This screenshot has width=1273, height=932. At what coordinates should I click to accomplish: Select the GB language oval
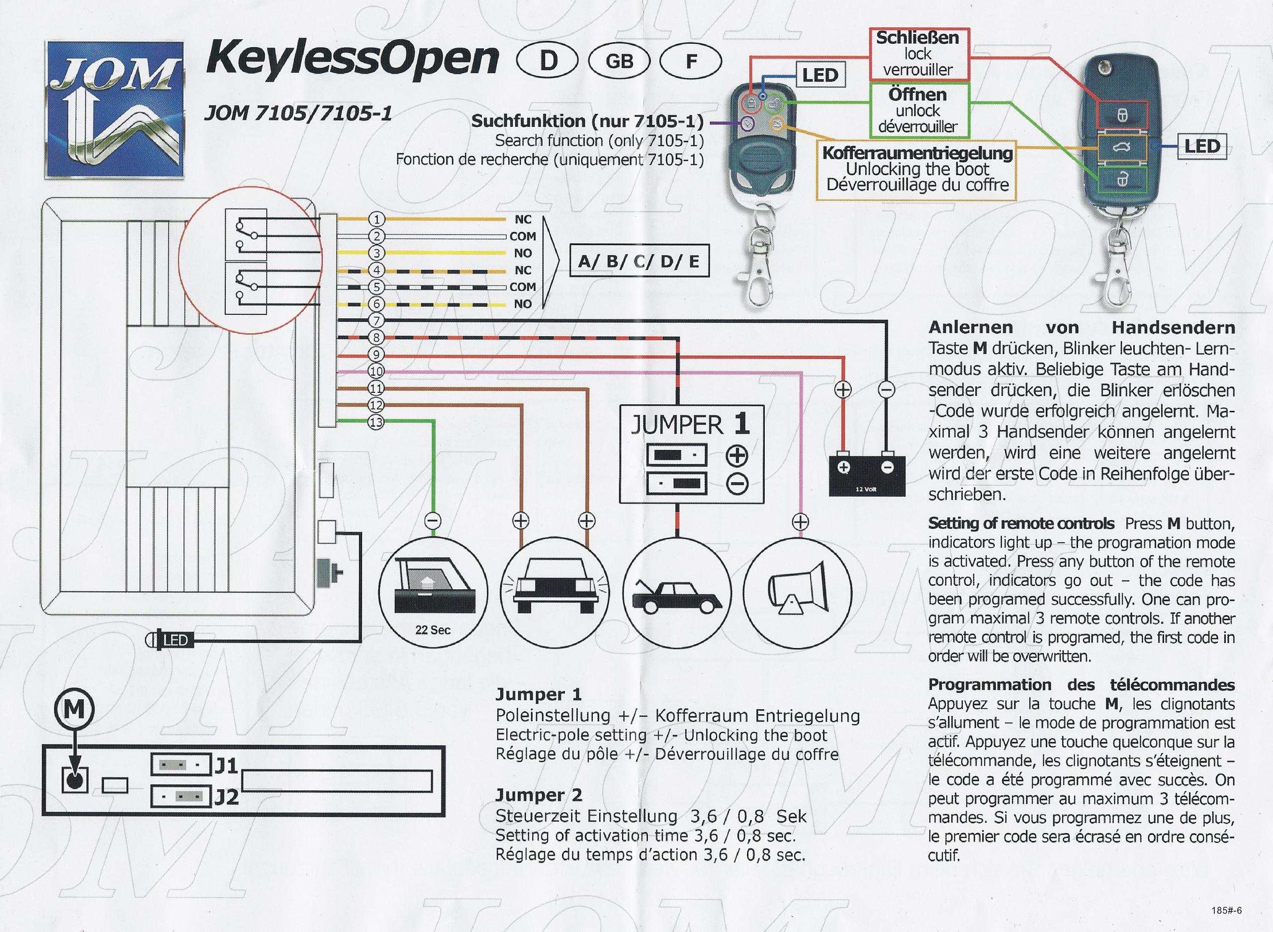click(x=619, y=61)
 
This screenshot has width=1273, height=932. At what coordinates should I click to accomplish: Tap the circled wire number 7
click(x=376, y=321)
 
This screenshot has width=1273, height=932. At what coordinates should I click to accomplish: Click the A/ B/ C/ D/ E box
click(x=639, y=261)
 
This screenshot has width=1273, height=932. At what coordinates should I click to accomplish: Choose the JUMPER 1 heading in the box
click(x=690, y=424)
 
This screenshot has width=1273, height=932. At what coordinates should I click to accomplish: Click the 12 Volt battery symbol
click(x=866, y=474)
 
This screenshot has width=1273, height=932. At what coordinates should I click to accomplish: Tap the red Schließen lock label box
click(x=917, y=54)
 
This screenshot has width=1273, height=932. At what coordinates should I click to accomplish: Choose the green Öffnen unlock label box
click(x=917, y=110)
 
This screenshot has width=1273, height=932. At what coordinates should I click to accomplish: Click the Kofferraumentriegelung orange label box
click(x=917, y=169)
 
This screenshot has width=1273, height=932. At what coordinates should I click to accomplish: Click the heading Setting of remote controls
click(x=1021, y=524)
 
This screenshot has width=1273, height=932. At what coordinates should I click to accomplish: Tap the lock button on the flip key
click(x=1122, y=115)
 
